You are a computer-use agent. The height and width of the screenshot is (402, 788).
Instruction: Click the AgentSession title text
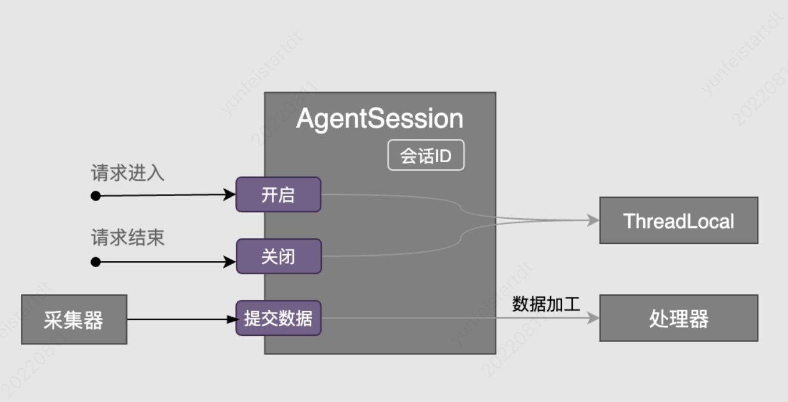(380, 119)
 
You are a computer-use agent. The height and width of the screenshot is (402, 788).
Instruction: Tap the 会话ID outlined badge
(426, 156)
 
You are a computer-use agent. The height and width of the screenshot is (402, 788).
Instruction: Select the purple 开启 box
(278, 194)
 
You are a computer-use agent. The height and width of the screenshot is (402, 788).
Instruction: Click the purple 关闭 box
(278, 256)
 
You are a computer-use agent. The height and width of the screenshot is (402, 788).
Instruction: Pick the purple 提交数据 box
(278, 318)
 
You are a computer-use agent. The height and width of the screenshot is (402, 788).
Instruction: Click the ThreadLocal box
(678, 221)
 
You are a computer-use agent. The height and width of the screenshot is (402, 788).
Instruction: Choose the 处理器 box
(678, 318)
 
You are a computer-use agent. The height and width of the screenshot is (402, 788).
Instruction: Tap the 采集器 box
(74, 320)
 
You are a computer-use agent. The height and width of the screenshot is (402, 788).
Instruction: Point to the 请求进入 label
(128, 173)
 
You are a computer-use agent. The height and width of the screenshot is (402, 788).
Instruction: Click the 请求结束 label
(128, 238)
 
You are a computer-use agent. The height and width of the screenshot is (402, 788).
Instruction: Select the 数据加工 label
(546, 304)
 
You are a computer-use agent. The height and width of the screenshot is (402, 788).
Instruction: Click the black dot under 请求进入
(95, 196)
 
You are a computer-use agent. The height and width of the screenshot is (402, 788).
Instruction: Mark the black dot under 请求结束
(95, 262)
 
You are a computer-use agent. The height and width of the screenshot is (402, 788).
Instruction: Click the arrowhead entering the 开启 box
(230, 194)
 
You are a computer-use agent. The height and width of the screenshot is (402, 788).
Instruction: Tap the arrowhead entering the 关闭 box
(230, 262)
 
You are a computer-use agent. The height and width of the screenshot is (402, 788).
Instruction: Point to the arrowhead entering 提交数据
(232, 319)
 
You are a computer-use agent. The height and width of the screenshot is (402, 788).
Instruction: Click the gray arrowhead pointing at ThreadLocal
(593, 220)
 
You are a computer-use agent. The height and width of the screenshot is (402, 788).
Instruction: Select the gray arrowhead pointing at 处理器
(593, 318)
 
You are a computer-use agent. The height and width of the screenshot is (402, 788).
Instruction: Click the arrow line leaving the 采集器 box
(179, 319)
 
